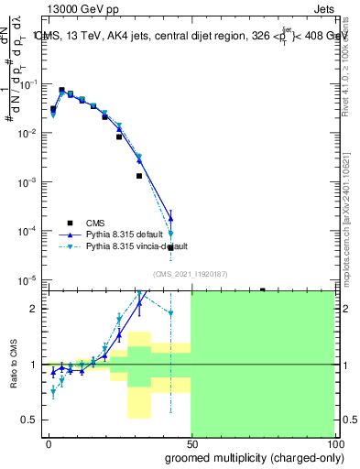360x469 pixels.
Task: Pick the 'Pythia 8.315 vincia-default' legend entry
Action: click(x=136, y=246)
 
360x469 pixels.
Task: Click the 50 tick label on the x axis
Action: click(x=191, y=442)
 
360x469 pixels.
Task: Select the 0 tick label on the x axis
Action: click(x=49, y=442)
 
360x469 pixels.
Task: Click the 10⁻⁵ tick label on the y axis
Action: click(x=30, y=279)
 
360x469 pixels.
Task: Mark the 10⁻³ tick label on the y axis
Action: click(x=30, y=181)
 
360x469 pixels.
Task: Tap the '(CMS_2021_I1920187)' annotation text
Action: click(x=191, y=273)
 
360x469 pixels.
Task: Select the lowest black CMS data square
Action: click(x=170, y=247)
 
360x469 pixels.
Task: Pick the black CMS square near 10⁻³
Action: click(x=139, y=176)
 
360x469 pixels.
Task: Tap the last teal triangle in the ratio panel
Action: click(x=170, y=313)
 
